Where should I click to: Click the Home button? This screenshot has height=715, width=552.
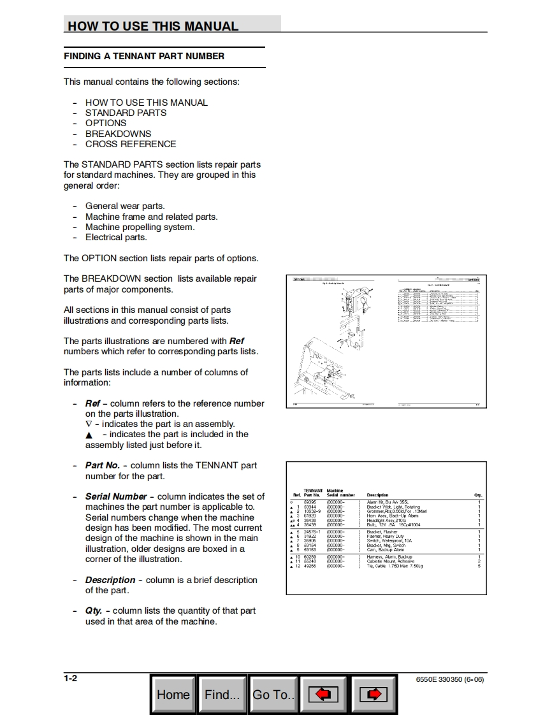point(173,695)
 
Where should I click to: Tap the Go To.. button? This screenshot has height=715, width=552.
point(273,695)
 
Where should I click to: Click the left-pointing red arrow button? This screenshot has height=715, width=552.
point(323,695)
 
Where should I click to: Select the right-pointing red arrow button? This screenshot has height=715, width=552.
point(374,695)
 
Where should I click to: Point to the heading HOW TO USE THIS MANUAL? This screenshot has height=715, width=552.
point(153,26)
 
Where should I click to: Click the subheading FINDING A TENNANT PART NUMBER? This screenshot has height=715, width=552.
point(144,57)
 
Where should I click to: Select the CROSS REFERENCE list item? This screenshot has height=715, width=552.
point(131,144)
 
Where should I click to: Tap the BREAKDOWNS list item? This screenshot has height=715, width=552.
point(119,134)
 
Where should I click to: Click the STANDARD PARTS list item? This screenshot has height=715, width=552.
point(126,113)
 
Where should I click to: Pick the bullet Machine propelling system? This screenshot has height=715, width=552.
point(140,227)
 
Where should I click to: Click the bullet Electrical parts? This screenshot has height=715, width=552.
point(116,237)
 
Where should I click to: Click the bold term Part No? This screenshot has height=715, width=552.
point(103,465)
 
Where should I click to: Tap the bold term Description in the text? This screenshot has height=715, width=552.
point(110,580)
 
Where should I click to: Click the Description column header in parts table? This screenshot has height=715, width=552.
point(377,495)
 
